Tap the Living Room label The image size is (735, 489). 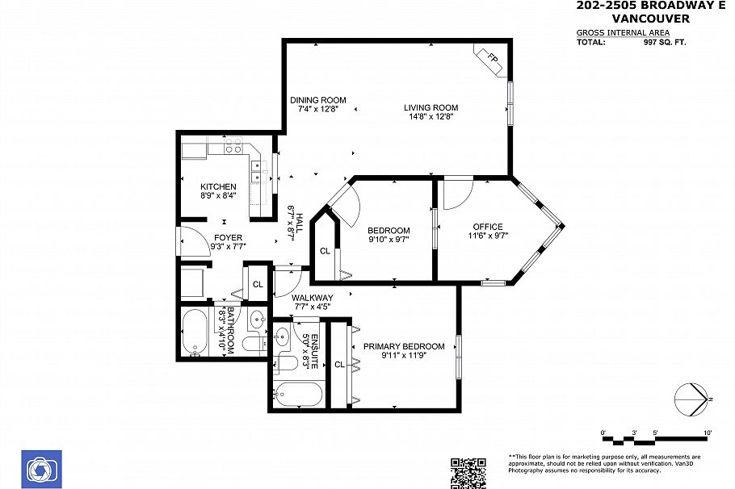(x=430, y=108)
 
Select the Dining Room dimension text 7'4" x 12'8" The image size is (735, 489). (x=317, y=109)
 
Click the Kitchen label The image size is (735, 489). (x=218, y=186)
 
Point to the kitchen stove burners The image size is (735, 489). (x=233, y=145)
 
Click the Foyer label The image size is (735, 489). (x=229, y=238)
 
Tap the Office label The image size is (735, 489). (x=488, y=227)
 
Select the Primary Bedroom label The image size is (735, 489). (x=404, y=347)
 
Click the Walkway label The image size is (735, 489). (x=313, y=298)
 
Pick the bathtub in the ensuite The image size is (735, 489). (x=298, y=394)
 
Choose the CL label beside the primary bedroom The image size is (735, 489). (x=339, y=365)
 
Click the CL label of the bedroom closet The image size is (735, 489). (x=325, y=251)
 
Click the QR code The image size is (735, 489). (x=468, y=473)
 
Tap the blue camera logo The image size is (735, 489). (x=41, y=470)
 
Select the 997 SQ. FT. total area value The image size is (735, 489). (x=665, y=42)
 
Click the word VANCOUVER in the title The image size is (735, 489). (x=651, y=19)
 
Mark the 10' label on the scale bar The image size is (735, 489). (x=708, y=433)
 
